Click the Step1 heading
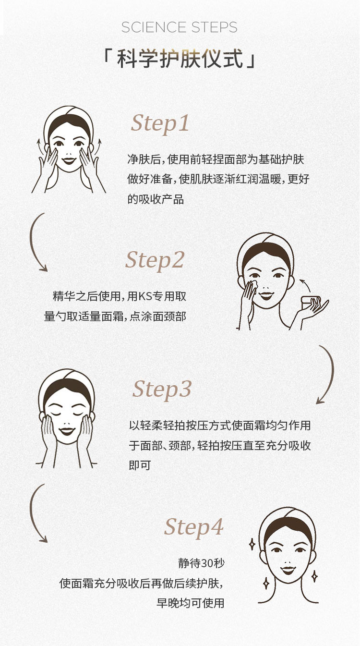pos(160,124)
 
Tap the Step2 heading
pos(155,260)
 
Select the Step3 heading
pos(162,390)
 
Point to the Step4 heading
pos(194,527)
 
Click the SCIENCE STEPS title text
pos(179,27)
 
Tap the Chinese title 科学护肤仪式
pos(180,59)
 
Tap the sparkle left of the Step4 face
pos(252,544)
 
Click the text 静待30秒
pos(201,562)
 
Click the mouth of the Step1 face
pos(69,160)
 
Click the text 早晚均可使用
pos(190,603)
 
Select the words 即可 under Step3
pos(140,465)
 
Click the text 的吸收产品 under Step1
pos(156,199)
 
